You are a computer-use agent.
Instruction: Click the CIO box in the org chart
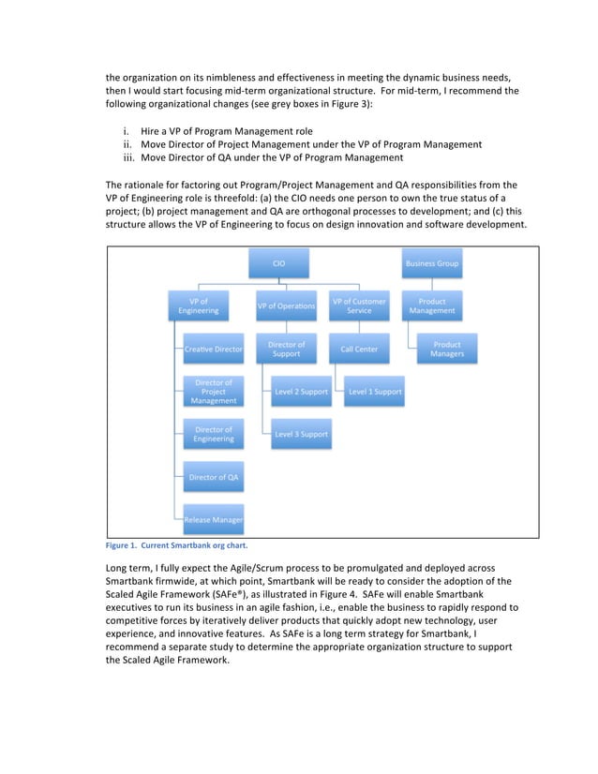278,263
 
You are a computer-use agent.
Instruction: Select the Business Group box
432,263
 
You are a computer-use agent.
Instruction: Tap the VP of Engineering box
198,305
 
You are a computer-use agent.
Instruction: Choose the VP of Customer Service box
359,305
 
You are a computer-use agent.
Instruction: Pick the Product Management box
432,305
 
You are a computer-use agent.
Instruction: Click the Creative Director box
214,350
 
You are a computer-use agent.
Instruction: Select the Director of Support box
286,350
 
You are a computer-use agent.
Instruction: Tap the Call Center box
359,350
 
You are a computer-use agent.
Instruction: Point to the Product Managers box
447,350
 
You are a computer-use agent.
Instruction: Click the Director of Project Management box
214,392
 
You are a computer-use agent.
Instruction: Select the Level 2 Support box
301,392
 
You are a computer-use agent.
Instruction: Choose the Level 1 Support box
374,392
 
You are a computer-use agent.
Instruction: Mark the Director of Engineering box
214,434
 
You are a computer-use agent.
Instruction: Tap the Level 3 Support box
301,434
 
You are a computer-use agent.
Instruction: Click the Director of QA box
214,477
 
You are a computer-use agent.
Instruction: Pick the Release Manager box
214,519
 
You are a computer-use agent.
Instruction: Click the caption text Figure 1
123,545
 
